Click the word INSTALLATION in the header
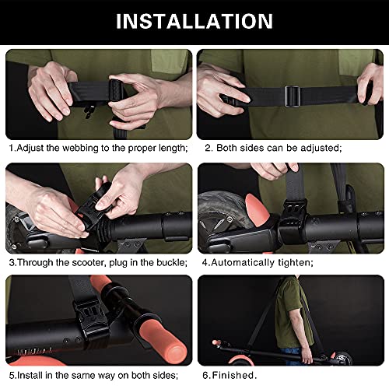click(x=194, y=21)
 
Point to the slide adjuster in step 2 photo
click(x=291, y=95)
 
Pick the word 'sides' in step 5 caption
click(x=174, y=374)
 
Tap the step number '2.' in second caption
click(x=209, y=146)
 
